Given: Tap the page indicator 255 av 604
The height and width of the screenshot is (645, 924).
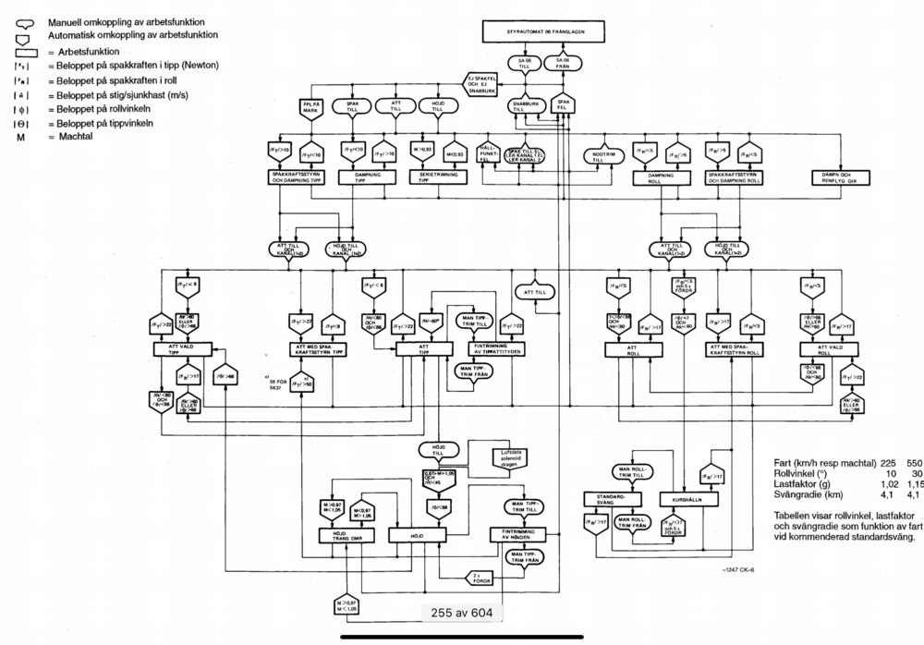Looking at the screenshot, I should coord(462,612).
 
